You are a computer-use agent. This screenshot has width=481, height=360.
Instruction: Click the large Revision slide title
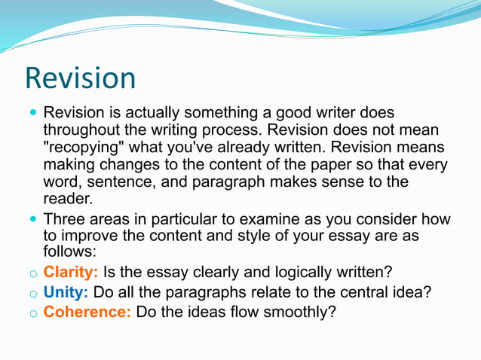[80, 78]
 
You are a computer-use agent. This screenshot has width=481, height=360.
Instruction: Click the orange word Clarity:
[71, 271]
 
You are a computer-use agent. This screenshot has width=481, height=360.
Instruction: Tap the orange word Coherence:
[87, 310]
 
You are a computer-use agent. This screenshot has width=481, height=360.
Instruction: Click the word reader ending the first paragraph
[68, 199]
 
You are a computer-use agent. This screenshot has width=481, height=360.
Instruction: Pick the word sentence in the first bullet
[118, 182]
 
